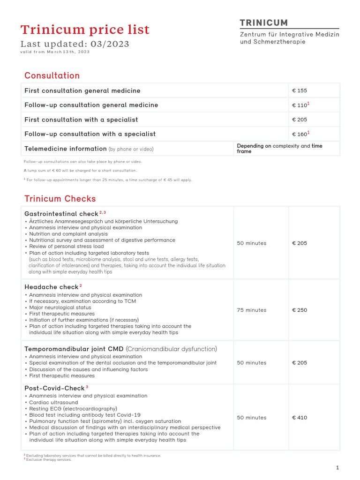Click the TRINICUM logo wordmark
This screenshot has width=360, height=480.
[264, 22]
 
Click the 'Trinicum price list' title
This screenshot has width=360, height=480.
[85, 30]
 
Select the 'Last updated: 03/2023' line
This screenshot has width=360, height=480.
[75, 44]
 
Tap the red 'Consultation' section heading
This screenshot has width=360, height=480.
[52, 75]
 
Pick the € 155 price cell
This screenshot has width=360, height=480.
[300, 90]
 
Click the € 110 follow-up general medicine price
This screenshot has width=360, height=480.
[300, 105]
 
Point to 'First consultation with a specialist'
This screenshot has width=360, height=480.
[81, 120]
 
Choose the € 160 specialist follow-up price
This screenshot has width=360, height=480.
[300, 134]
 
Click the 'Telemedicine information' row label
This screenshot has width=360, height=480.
[66, 149]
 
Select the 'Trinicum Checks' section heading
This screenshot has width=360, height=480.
[60, 199]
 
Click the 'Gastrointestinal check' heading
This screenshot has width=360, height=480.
[61, 213]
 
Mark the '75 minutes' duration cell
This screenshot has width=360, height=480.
[251, 310]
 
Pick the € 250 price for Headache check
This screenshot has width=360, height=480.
[300, 310]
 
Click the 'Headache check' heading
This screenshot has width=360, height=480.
[52, 286]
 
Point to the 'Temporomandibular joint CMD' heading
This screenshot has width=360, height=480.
[74, 349]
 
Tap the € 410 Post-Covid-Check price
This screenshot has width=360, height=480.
[300, 417]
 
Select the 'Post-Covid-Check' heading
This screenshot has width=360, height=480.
[54, 388]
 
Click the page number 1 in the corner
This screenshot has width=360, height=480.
[337, 467]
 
